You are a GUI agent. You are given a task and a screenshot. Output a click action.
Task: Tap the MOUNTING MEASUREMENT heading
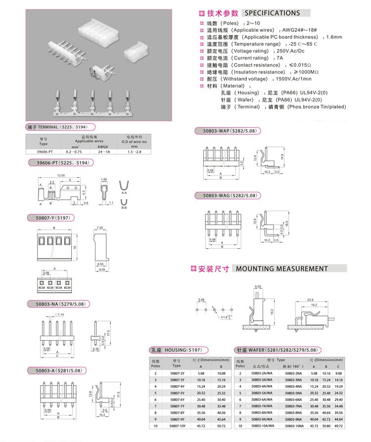(281, 269)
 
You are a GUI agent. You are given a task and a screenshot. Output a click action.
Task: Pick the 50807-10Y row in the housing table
(177, 426)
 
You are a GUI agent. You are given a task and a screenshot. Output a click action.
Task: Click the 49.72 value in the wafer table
(338, 426)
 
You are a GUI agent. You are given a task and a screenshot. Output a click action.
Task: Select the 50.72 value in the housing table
(221, 426)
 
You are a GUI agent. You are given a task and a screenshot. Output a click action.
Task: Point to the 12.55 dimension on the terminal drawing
(61, 176)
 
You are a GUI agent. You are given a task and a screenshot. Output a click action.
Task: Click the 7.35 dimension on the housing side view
(99, 228)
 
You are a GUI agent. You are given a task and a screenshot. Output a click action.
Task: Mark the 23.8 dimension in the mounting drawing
(310, 300)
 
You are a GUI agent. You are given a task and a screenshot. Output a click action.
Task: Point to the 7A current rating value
(280, 58)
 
